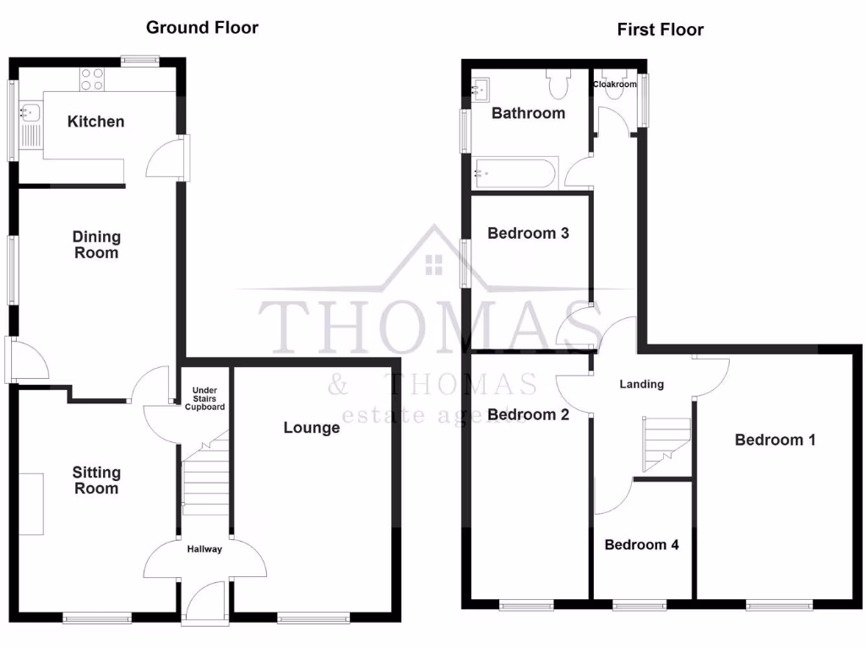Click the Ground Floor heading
tap(202, 27)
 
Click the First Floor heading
tap(660, 30)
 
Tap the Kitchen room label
tap(95, 121)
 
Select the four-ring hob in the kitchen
tap(92, 79)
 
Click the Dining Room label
tap(95, 245)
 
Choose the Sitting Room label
tap(95, 480)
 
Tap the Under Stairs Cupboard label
tap(204, 398)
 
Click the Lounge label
tap(311, 428)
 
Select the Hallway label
tap(204, 549)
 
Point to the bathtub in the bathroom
tap(514, 175)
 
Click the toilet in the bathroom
tap(558, 84)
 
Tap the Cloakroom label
tap(614, 84)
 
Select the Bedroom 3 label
tap(528, 233)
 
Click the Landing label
tap(641, 384)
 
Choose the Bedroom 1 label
tap(775, 440)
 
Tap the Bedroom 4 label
tap(641, 544)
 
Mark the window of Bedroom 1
tap(779, 604)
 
